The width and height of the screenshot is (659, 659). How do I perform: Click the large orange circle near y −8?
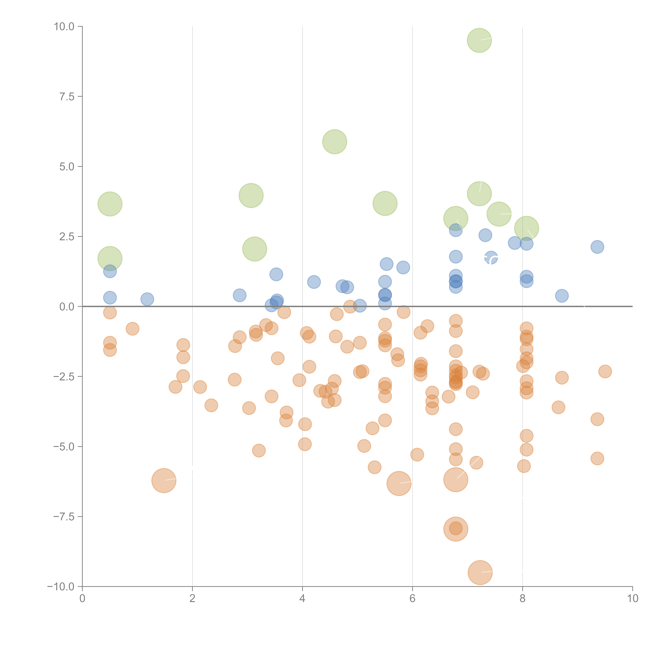(456, 529)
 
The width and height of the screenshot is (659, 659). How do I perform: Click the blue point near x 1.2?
(147, 299)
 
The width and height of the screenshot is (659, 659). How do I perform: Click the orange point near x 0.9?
(132, 329)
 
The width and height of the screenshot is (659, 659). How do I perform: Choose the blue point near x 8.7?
(562, 296)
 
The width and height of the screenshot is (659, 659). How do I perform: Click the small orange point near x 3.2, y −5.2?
(259, 451)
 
